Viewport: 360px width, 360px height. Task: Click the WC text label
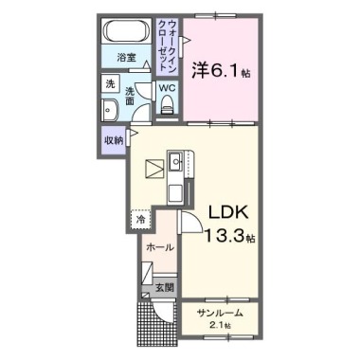pos(167,89)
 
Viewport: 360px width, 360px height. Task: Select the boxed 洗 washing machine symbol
pos(111,84)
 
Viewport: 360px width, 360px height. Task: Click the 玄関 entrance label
pos(164,287)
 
